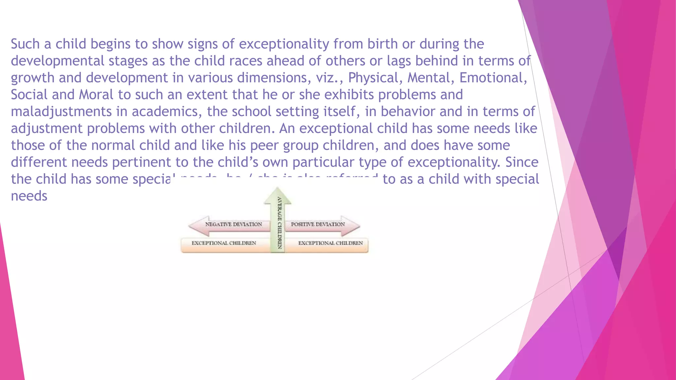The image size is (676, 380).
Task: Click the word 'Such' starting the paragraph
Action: pyautogui.click(x=25, y=44)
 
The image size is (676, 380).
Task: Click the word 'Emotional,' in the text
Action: pyautogui.click(x=493, y=78)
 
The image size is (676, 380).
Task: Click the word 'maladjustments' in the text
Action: pyautogui.click(x=61, y=112)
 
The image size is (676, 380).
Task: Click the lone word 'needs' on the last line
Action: pyautogui.click(x=29, y=196)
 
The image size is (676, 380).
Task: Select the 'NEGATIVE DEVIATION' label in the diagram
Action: pyautogui.click(x=233, y=224)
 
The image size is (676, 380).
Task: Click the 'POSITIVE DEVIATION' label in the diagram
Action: pyautogui.click(x=318, y=224)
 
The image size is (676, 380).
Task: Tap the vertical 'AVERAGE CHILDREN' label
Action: pyautogui.click(x=279, y=223)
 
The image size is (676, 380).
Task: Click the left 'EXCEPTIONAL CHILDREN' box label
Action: pyautogui.click(x=224, y=243)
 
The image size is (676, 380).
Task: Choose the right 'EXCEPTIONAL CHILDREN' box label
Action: pyautogui.click(x=330, y=243)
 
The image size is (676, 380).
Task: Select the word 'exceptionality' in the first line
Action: pyautogui.click(x=284, y=44)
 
